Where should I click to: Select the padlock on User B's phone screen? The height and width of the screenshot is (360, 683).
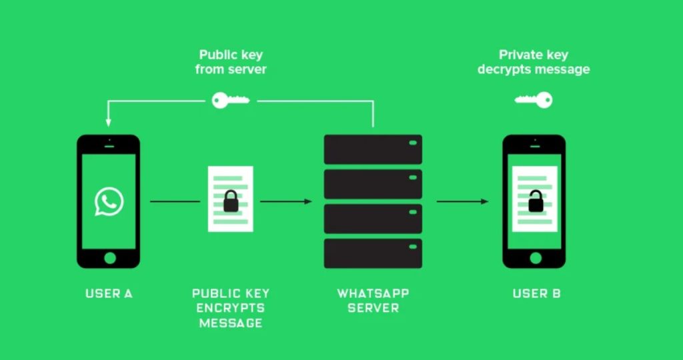[534, 201]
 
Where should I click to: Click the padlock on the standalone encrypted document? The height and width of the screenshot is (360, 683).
[231, 201]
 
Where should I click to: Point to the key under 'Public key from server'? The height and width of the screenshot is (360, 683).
[230, 101]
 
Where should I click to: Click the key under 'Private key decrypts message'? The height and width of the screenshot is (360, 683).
[534, 101]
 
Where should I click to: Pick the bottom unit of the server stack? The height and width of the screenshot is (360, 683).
[373, 253]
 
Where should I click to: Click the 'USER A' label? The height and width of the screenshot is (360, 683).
[109, 293]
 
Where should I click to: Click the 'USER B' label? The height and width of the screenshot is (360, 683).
[536, 293]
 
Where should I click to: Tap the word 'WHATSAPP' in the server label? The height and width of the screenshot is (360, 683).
[373, 293]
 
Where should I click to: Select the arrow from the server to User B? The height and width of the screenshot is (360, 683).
[462, 201]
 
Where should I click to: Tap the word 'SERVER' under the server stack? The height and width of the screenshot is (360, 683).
[373, 308]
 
